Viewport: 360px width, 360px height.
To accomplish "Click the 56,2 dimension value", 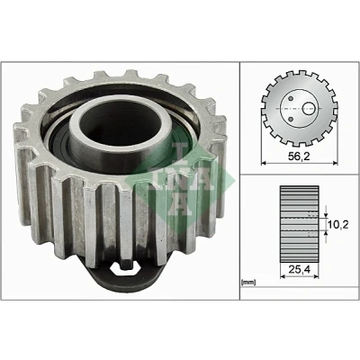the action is (299, 157).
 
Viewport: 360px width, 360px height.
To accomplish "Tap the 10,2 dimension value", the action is (338, 224).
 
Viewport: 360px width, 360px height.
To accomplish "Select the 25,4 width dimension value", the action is (299, 270).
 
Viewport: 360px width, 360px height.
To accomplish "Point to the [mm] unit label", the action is (248, 282).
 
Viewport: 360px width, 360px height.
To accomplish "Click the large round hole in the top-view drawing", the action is (308, 108).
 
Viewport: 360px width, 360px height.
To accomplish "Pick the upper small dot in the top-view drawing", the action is (291, 98).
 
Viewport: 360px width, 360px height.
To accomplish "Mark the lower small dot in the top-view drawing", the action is (291, 120).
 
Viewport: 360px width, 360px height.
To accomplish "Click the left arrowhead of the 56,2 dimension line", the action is (265, 164).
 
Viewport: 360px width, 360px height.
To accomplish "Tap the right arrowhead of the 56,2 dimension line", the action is (335, 164).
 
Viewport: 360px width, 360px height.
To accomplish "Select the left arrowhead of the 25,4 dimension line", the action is (283, 277).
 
